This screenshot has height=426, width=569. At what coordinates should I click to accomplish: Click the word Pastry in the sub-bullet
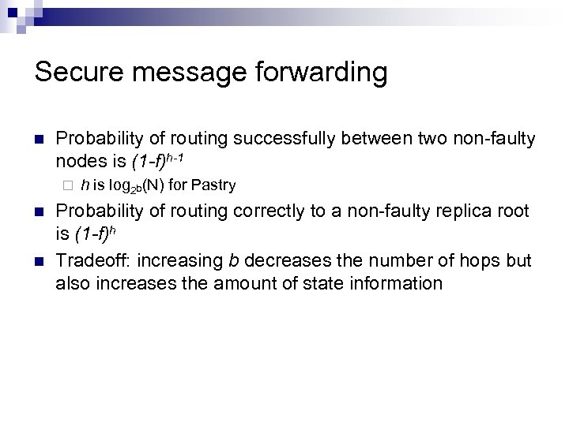(214, 185)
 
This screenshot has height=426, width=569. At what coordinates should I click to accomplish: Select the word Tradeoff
(89, 260)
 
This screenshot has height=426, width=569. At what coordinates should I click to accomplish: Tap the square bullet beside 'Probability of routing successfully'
(39, 140)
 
